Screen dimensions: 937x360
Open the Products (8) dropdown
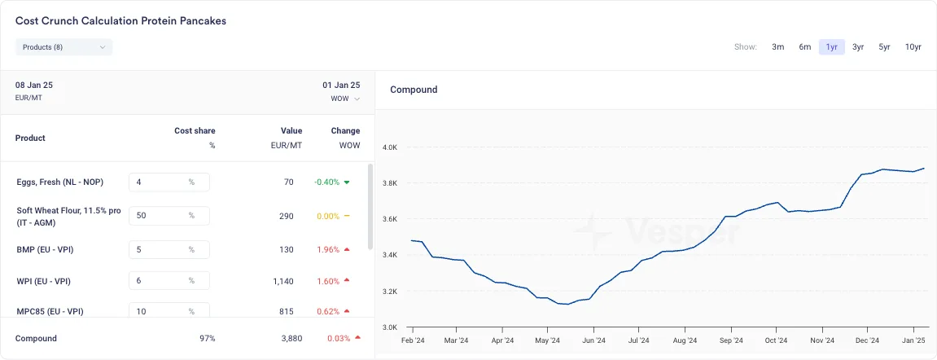[x=64, y=47]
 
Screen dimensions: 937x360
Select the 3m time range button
[x=777, y=47]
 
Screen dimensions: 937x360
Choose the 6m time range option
[x=804, y=47]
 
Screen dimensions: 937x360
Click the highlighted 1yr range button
[x=831, y=47]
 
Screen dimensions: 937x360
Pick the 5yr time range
[x=884, y=47]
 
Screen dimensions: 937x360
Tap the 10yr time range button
[x=913, y=47]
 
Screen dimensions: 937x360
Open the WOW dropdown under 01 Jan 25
[x=345, y=99]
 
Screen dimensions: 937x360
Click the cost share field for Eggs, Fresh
[x=169, y=182]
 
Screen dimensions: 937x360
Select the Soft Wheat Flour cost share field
[x=169, y=216]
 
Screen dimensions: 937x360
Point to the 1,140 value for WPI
[x=282, y=281]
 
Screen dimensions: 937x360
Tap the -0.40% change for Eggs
[x=327, y=182]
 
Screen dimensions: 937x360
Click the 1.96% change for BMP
[x=328, y=249]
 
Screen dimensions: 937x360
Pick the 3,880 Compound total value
[x=291, y=339]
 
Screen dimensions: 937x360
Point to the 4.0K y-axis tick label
[x=390, y=147]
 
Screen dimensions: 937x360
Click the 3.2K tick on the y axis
[x=390, y=292]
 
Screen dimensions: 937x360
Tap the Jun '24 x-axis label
[x=593, y=341]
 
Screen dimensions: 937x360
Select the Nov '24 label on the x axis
[x=821, y=341]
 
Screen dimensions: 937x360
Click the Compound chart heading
[x=414, y=90]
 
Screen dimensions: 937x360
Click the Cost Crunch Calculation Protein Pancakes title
[x=120, y=21]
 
